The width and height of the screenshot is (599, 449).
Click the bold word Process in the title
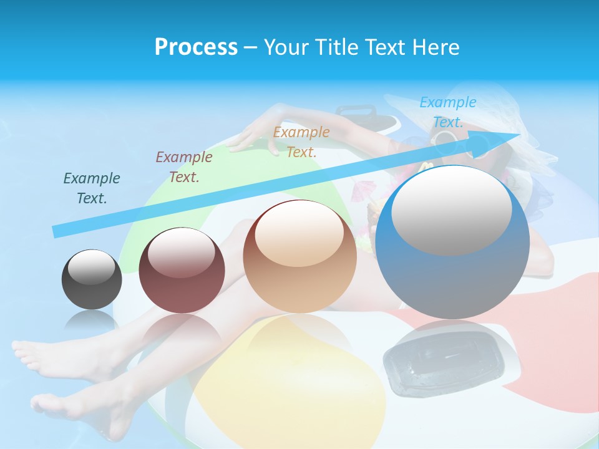click(196, 47)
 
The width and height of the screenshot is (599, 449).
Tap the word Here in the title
click(436, 47)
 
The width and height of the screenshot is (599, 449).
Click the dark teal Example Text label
click(92, 188)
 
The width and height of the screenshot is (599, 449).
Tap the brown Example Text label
click(184, 167)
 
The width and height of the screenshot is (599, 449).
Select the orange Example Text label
click(301, 142)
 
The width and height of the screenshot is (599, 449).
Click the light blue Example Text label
click(448, 112)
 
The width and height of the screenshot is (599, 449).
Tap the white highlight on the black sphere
click(92, 268)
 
